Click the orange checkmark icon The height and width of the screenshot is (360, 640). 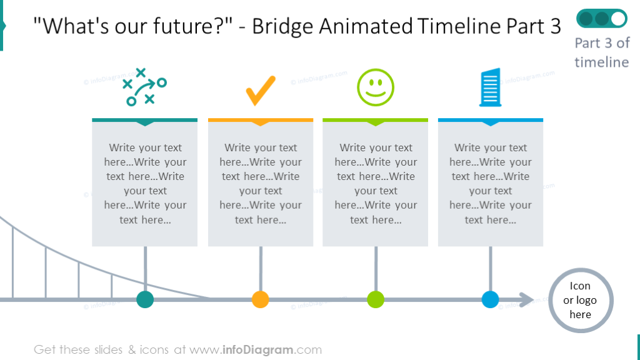click(260, 91)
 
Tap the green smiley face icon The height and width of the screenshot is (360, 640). click(376, 87)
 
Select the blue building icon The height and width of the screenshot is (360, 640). click(491, 87)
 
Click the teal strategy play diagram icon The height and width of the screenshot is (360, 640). click(144, 87)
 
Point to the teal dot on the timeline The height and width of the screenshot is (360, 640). click(145, 299)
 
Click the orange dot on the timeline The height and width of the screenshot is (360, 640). click(260, 299)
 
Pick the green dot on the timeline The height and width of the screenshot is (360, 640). click(376, 299)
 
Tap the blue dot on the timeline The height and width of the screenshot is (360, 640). click(491, 299)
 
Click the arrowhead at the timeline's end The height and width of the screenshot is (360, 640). click(527, 300)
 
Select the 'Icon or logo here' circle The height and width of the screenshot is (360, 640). click(580, 300)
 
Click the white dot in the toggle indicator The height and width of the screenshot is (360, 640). click(618, 19)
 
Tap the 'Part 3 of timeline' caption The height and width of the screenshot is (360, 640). click(601, 52)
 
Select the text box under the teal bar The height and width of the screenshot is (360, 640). click(145, 184)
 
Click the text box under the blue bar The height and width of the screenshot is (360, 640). click(491, 184)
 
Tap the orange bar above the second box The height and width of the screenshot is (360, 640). click(260, 119)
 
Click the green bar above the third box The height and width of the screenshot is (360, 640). click(376, 119)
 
